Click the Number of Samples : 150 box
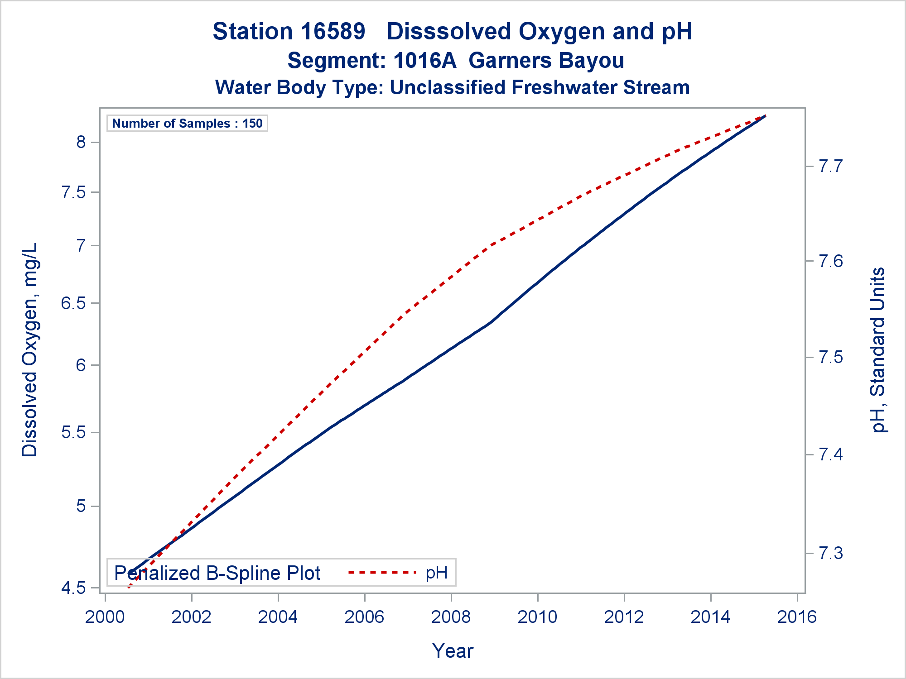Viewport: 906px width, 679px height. point(187,123)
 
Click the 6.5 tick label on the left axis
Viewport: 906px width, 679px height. point(73,303)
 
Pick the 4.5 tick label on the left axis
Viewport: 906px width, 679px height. point(73,588)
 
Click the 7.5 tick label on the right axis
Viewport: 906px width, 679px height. point(831,357)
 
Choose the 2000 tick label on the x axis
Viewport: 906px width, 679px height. point(105,617)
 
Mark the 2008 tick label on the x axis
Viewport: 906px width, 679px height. point(451,617)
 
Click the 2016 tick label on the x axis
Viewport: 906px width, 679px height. point(797,617)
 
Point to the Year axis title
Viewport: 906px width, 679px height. point(453,651)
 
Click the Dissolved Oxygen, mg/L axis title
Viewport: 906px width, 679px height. point(30,350)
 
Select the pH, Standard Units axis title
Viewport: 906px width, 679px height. point(878,350)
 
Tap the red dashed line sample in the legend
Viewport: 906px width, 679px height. point(382,573)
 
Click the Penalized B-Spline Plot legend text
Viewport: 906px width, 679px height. point(217,573)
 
